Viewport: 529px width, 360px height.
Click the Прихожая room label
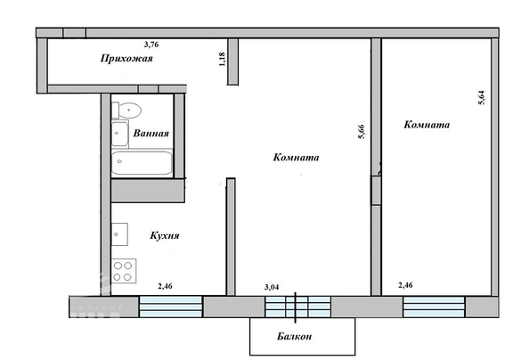tap(126, 59)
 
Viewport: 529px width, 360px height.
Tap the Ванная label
tap(151, 133)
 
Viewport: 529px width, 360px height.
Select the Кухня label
tap(164, 235)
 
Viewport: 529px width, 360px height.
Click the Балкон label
tap(294, 336)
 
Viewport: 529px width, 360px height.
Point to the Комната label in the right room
tap(427, 125)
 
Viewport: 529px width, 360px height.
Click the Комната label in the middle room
tap(296, 157)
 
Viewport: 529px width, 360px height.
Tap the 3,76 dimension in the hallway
tap(151, 45)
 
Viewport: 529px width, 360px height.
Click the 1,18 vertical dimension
tap(222, 59)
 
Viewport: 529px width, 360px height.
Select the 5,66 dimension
tap(362, 132)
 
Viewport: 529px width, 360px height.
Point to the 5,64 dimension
tap(482, 98)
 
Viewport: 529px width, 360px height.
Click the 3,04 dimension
tap(272, 288)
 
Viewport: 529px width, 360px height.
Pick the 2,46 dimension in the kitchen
tap(165, 286)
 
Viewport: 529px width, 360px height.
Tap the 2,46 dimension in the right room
tap(405, 285)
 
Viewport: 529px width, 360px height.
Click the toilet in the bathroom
tap(126, 110)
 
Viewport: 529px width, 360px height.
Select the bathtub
tap(142, 163)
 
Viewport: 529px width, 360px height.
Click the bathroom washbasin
tap(119, 134)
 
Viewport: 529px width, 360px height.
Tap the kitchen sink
tap(119, 234)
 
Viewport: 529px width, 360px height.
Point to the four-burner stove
tap(124, 271)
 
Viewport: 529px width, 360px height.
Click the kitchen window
tap(171, 307)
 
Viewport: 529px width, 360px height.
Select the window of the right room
tap(434, 307)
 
